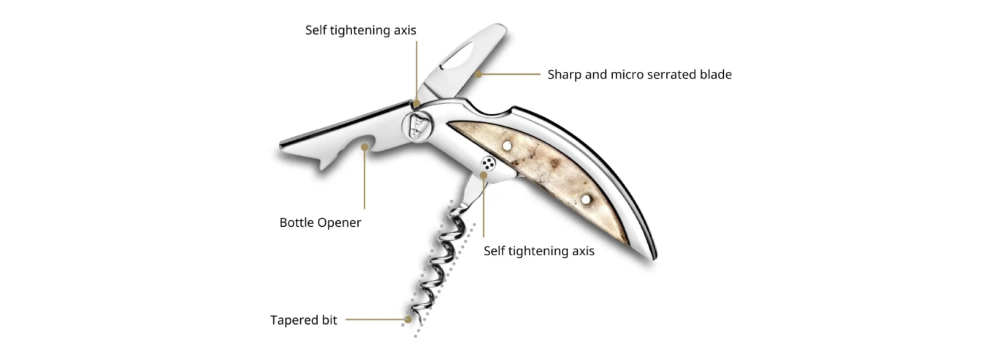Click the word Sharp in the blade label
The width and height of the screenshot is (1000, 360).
564,75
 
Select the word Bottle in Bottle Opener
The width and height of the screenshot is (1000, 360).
297,223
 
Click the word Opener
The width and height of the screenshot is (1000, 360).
339,223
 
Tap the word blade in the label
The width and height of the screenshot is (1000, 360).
713,75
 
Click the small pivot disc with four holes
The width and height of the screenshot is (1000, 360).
489,163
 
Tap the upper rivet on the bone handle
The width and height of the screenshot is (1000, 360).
507,145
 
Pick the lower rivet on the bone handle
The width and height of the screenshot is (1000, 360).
585,199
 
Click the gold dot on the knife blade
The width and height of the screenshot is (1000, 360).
477,75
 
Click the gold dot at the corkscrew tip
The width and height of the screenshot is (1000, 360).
407,320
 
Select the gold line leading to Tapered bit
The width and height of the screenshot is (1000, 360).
373,320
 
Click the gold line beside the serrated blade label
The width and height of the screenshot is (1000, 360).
510,75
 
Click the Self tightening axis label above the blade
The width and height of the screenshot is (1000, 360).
361,31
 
